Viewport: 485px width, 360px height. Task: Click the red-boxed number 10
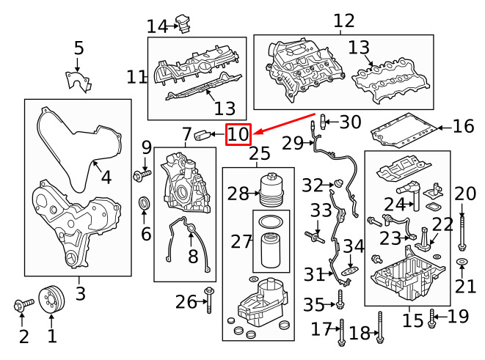(238, 134)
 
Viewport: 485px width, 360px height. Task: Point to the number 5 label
(79, 49)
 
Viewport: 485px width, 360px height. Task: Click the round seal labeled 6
(144, 202)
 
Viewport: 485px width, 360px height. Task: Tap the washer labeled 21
(462, 262)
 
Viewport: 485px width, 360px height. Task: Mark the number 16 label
(463, 127)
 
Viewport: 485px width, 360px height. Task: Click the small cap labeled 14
(183, 26)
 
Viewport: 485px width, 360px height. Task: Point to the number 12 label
(343, 21)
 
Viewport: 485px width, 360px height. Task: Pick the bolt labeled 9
(141, 175)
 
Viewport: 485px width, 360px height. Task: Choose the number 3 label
(79, 294)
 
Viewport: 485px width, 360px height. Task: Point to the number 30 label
(350, 122)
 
